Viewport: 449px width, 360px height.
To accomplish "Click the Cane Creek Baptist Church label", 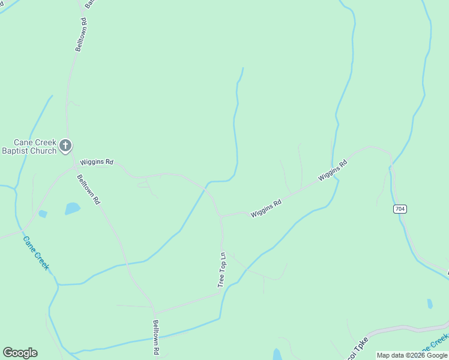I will [x=29, y=146].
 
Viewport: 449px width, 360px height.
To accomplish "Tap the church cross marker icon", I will [x=65, y=145].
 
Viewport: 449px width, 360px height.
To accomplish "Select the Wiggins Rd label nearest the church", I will [x=97, y=162].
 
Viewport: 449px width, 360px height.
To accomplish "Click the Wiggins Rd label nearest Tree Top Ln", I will [x=266, y=209].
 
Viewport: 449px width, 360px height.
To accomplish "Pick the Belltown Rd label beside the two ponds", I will [x=88, y=189].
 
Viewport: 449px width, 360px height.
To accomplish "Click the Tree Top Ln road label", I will [x=221, y=269].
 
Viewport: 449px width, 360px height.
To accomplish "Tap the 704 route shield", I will [x=400, y=209].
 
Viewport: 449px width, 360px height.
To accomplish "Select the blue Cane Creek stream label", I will [x=35, y=253].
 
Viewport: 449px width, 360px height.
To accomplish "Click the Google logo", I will [x=20, y=353].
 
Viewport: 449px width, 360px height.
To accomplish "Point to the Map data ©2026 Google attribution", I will [x=412, y=355].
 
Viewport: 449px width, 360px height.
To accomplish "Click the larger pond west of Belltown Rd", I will [x=72, y=208].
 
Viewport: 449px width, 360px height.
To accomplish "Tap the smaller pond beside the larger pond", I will [x=43, y=214].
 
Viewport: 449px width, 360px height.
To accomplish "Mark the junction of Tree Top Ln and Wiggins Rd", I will [x=221, y=216].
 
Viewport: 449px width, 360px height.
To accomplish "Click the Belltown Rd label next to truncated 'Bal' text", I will [x=80, y=35].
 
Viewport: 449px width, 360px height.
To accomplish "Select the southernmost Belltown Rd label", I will [x=155, y=337].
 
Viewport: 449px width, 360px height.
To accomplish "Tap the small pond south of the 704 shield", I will [x=430, y=304].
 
